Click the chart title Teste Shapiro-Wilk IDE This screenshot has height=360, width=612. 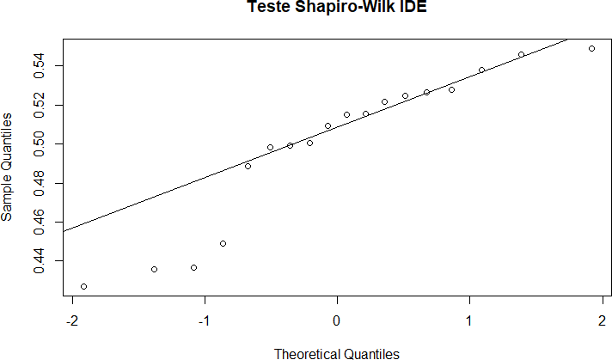[336, 8]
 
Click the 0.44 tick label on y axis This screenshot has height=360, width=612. [41, 260]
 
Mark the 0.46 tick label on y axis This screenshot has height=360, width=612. [41, 222]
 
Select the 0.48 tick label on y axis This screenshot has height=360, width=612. [41, 183]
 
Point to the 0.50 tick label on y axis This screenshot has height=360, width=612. [41, 143]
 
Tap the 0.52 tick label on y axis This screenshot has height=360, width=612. [41, 105]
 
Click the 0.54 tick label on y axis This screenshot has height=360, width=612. [41, 65]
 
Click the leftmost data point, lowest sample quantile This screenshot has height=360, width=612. [83, 286]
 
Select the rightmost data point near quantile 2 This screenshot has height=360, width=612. [591, 48]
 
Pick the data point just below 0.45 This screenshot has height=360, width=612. [223, 243]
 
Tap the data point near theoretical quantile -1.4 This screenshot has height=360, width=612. [154, 269]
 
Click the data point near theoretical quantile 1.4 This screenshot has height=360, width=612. [521, 54]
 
